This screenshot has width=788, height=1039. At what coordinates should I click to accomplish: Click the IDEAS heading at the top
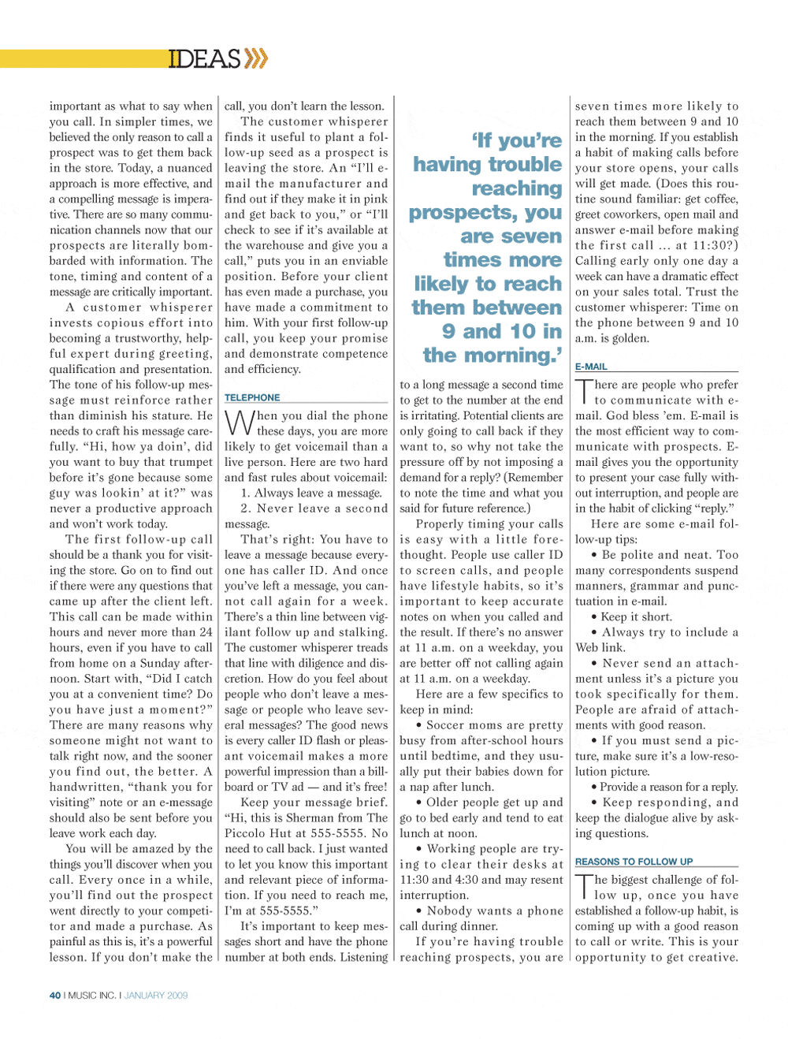[x=204, y=59]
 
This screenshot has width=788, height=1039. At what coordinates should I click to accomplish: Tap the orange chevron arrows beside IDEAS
[x=256, y=58]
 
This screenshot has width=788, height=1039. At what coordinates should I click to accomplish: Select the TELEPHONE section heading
[x=252, y=397]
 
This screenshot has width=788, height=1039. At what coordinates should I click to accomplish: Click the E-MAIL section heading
[x=591, y=367]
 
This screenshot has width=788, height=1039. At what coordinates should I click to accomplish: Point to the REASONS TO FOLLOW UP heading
[x=634, y=862]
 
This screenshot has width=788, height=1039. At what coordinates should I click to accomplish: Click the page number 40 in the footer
[x=55, y=996]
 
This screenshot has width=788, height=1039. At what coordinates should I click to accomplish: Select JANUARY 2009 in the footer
[x=156, y=996]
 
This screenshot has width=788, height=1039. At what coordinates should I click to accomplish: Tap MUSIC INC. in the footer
[x=92, y=996]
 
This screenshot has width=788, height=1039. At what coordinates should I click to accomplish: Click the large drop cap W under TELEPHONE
[x=239, y=423]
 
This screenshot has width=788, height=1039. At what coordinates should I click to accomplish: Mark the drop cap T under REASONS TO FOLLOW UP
[x=583, y=887]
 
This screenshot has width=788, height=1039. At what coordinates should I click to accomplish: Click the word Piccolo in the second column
[x=247, y=833]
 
